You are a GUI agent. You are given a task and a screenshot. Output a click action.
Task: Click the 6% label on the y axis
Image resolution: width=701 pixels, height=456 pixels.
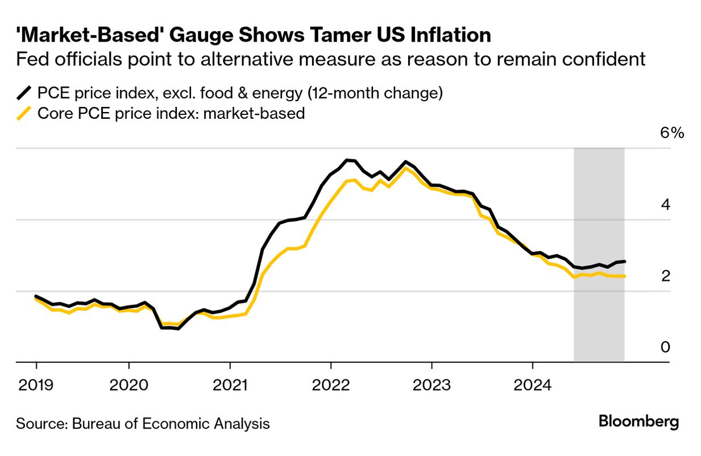click(x=671, y=134)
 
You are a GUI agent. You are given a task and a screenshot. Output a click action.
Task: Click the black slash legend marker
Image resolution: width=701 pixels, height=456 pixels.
click(x=24, y=93)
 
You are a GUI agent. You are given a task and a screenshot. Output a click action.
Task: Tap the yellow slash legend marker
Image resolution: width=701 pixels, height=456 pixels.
click(x=24, y=113)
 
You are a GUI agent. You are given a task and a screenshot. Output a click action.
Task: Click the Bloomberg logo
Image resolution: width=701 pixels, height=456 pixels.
click(x=638, y=422)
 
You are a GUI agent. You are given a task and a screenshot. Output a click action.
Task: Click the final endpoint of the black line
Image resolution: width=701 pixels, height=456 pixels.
click(x=625, y=262)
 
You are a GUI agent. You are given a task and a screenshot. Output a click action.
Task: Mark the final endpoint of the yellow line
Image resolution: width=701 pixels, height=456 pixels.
click(x=625, y=276)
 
